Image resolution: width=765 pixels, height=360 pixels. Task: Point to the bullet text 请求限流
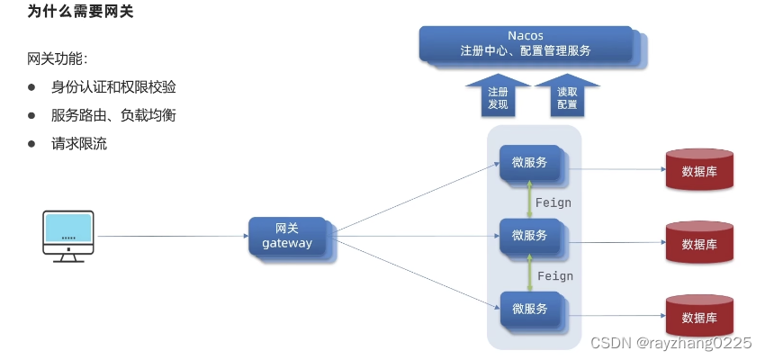(x=79, y=143)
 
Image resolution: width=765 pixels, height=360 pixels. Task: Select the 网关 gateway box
(x=288, y=235)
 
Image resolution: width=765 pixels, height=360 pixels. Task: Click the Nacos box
(x=526, y=43)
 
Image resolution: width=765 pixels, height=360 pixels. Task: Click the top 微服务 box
(x=530, y=163)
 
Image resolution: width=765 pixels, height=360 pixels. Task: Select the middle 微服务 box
(x=530, y=236)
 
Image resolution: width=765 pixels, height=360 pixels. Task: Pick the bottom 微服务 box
(x=530, y=309)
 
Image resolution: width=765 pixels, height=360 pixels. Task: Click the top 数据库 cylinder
(x=698, y=169)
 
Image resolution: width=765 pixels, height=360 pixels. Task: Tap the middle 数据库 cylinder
(x=698, y=243)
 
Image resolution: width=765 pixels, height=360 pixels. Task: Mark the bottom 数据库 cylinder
(x=698, y=316)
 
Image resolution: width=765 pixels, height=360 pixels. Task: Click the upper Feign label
(x=553, y=202)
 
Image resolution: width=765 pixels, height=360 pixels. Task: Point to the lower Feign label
(x=553, y=275)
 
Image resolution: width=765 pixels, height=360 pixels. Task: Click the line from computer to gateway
(x=171, y=237)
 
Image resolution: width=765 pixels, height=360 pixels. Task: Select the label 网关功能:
(x=57, y=58)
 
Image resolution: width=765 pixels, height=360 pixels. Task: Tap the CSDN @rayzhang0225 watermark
(x=670, y=343)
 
